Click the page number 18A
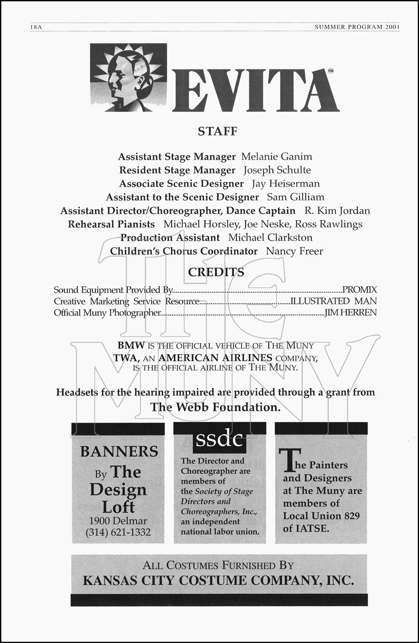(36, 27)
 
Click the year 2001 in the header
(392, 27)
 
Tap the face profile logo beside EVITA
(128, 78)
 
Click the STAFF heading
(217, 131)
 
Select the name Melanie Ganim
(277, 157)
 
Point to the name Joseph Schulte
(277, 170)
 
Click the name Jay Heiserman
(286, 184)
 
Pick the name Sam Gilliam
(295, 197)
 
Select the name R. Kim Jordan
(337, 211)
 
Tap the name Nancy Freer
(294, 251)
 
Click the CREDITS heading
(216, 272)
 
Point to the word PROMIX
(359, 290)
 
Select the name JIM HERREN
(351, 312)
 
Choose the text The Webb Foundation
(215, 407)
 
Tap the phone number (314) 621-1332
(118, 532)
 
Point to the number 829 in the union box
(351, 516)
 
